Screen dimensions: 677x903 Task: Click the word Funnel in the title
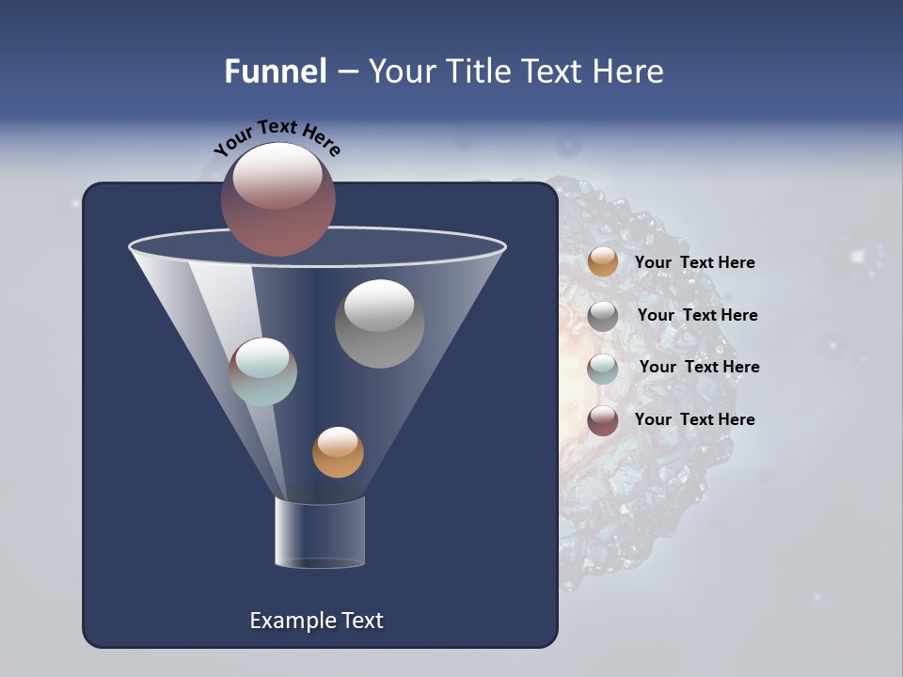pos(276,71)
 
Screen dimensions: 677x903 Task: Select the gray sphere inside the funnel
pos(379,323)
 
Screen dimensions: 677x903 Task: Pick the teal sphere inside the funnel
pos(263,371)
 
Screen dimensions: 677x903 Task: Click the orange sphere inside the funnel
pos(338,452)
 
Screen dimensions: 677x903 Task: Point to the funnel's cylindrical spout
pos(320,532)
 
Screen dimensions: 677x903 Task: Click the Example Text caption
pos(316,621)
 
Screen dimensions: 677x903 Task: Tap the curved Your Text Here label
pos(277,137)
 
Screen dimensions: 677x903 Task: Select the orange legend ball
pos(603,262)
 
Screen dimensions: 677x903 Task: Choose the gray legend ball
pos(603,316)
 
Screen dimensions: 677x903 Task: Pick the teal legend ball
pos(603,369)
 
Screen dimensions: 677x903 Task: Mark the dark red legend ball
pos(603,420)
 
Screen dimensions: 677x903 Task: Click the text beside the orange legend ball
pos(694,263)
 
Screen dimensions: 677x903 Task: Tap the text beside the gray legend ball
pos(697,316)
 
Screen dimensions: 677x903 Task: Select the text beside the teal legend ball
pos(699,368)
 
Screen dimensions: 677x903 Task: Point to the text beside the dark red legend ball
pos(694,419)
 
